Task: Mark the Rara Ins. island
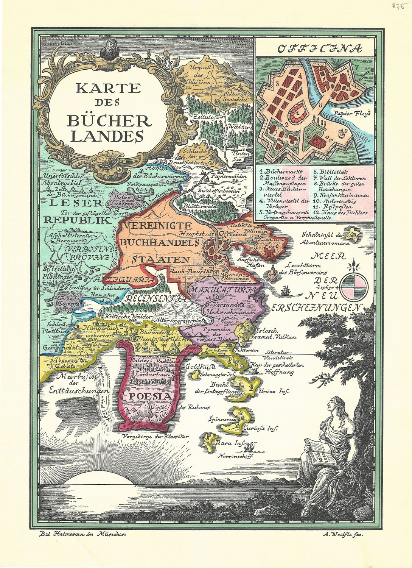tap(207, 440)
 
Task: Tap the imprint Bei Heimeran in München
tap(82, 534)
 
